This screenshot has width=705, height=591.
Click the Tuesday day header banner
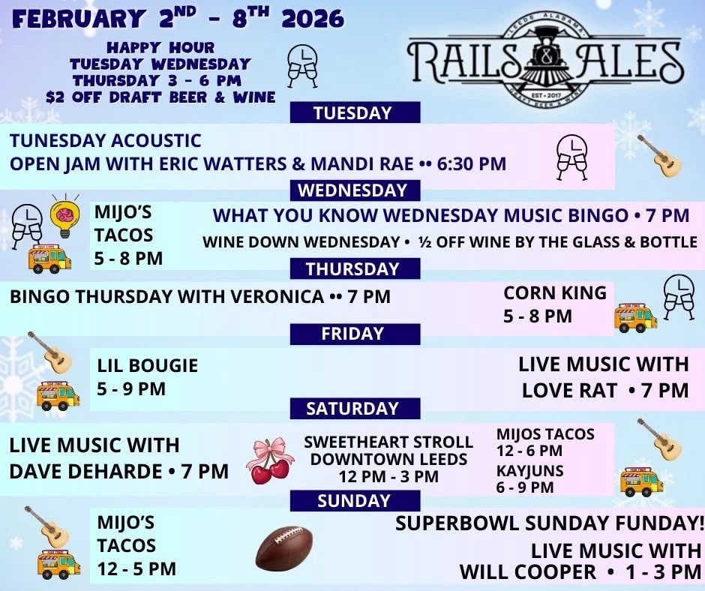[x=355, y=112]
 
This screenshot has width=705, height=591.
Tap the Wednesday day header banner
[x=355, y=190]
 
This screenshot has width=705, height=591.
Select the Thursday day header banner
[x=355, y=268]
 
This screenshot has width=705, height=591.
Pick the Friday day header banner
[x=355, y=334]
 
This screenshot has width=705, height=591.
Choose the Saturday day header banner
[x=355, y=409]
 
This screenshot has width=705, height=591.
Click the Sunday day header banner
[x=355, y=500]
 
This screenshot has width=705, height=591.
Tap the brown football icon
[x=284, y=547]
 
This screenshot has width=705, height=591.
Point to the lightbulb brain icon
[x=65, y=217]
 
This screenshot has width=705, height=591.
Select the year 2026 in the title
[x=313, y=19]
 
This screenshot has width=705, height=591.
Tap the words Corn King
[x=555, y=292]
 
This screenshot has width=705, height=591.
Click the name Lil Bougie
[x=148, y=366]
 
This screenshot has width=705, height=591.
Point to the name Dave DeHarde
[x=86, y=471]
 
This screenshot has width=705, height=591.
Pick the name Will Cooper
[x=528, y=572]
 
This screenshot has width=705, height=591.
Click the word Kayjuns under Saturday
[x=530, y=470]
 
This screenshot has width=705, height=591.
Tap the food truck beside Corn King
[x=634, y=317]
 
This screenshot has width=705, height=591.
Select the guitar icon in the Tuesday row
[x=659, y=155]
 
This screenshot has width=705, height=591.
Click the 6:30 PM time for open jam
[x=472, y=163]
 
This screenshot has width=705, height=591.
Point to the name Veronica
[x=277, y=297]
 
